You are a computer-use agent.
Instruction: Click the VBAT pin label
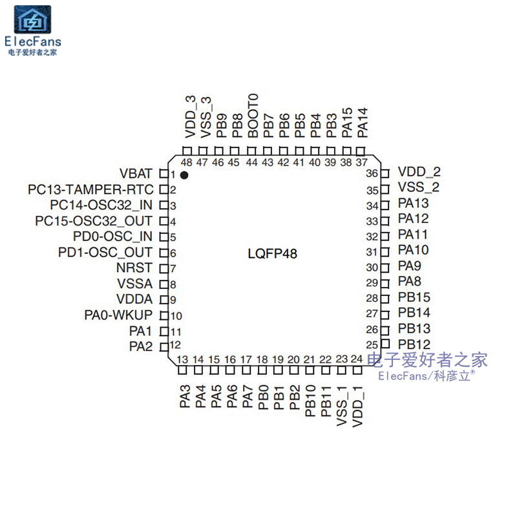[136, 174]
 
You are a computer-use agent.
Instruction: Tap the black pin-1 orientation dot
[184, 175]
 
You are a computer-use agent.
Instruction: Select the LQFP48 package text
[272, 254]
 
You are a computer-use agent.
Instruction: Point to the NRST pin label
[134, 268]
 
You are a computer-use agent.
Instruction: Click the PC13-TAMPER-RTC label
[90, 190]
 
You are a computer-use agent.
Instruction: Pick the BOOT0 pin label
[253, 115]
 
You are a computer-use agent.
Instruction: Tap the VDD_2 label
[419, 172]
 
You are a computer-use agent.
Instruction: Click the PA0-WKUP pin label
[118, 315]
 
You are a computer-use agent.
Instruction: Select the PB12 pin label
[414, 344]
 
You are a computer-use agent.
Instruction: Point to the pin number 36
[372, 174]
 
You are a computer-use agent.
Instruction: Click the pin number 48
[187, 163]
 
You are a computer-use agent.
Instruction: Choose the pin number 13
[182, 360]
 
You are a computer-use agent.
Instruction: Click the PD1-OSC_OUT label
[105, 253]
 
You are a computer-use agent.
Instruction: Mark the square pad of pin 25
[386, 344]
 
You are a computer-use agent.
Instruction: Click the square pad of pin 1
[164, 174]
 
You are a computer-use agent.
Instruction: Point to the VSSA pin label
[135, 284]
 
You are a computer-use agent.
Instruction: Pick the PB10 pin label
[310, 401]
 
